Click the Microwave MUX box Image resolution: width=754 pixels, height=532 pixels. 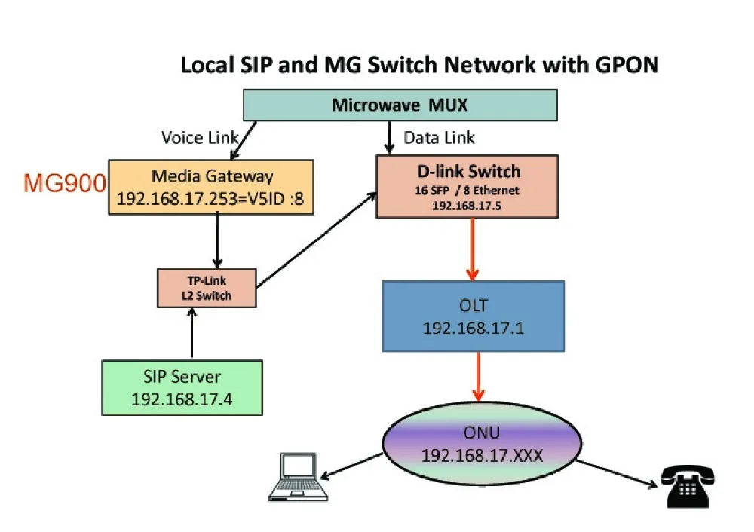pos(400,105)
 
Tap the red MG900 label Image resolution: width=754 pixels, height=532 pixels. pos(65,183)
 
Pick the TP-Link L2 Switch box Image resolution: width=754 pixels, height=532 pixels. pos(207,288)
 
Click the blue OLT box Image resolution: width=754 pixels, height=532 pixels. pos(473,316)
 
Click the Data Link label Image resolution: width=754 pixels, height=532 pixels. pos(440,138)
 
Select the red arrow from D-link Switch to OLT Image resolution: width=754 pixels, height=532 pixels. pos(473,249)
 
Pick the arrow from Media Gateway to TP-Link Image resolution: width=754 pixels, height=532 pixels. pos(217,242)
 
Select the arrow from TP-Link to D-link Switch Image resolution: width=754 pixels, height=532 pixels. pos(317,240)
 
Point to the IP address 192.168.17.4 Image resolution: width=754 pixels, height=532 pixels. pos(182,399)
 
